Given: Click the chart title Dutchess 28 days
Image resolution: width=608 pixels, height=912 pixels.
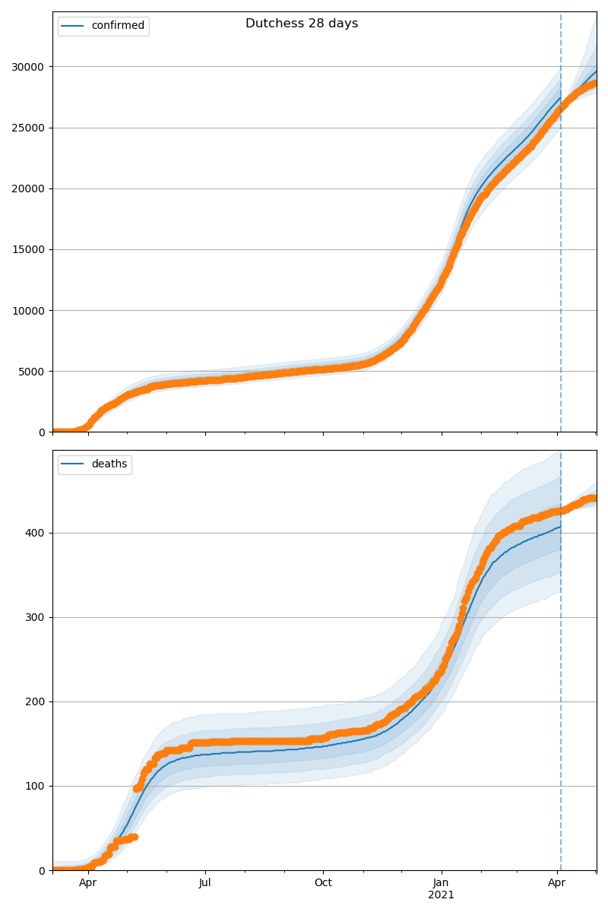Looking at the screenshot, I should (x=302, y=24).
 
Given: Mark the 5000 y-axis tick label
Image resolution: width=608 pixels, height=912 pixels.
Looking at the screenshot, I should (x=32, y=372).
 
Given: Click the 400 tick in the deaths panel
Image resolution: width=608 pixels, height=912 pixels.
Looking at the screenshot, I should (x=36, y=533).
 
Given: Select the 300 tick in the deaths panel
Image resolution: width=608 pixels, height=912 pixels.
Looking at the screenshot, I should (x=36, y=617).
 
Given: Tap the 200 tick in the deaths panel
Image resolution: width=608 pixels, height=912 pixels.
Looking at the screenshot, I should (x=36, y=701).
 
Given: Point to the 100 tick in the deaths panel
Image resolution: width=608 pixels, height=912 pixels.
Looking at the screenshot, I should (x=36, y=786).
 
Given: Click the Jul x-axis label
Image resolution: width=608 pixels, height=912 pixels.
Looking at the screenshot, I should (x=205, y=883).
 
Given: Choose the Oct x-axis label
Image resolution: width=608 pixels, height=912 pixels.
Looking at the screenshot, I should (x=323, y=883).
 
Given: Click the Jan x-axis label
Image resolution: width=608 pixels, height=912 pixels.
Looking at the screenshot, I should (x=441, y=883).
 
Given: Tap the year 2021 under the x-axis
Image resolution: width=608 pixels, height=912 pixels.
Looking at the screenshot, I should (x=441, y=895).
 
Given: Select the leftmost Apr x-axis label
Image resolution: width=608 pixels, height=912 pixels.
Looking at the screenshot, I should (x=88, y=883).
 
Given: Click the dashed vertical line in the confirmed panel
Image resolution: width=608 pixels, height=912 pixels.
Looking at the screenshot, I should (x=561, y=228).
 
